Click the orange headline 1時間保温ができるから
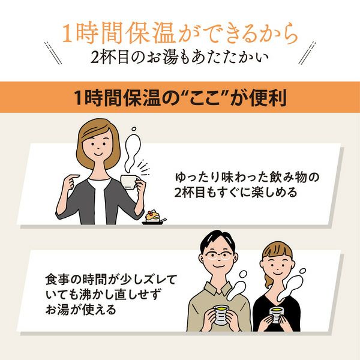pyautogui.click(x=180, y=33)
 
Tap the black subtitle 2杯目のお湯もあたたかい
pyautogui.click(x=180, y=58)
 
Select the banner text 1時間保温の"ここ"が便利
pyautogui.click(x=180, y=97)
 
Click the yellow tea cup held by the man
pyautogui.click(x=220, y=314)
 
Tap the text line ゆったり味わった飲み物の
pyautogui.click(x=247, y=178)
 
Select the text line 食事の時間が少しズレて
pyautogui.click(x=111, y=280)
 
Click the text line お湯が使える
pyautogui.click(x=81, y=310)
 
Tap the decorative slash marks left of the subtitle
pyautogui.click(x=53, y=53)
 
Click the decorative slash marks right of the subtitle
pyautogui.click(x=307, y=53)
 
